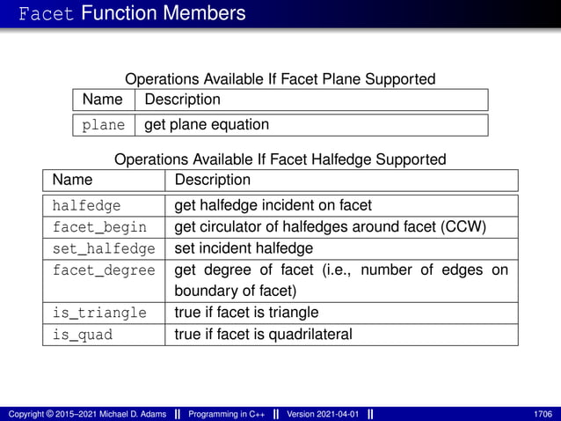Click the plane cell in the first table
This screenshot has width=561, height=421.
pyautogui.click(x=104, y=125)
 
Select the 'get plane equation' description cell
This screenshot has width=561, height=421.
pyautogui.click(x=207, y=124)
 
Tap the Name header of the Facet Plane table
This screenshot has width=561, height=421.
pyautogui.click(x=103, y=100)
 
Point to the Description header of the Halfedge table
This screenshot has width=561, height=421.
pyautogui.click(x=213, y=181)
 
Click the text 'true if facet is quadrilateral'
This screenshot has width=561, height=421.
pyautogui.click(x=264, y=334)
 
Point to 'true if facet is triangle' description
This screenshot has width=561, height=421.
pyautogui.click(x=247, y=313)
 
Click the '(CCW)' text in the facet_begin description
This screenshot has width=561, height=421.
pyautogui.click(x=464, y=227)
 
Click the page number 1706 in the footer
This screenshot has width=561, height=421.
pyautogui.click(x=543, y=413)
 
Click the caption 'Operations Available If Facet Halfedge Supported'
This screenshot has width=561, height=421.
pyautogui.click(x=280, y=159)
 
